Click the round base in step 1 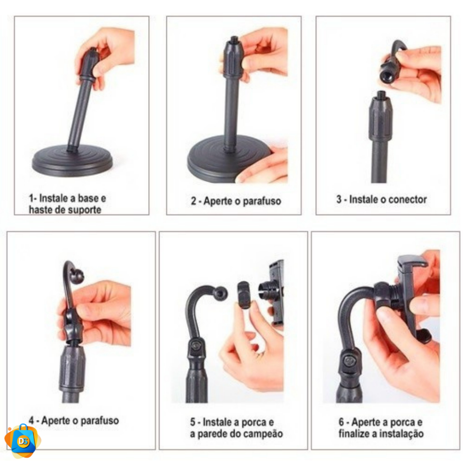(72, 161)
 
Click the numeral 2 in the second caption (193, 201)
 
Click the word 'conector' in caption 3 (407, 199)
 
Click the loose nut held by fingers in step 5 (245, 295)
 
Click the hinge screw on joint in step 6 (350, 361)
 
